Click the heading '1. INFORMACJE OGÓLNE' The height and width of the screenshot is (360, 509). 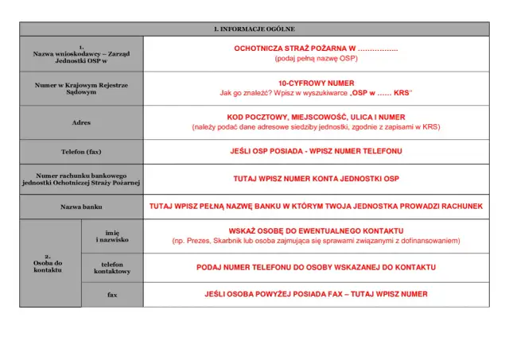pyautogui.click(x=254, y=29)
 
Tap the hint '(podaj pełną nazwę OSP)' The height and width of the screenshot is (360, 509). pyautogui.click(x=316, y=59)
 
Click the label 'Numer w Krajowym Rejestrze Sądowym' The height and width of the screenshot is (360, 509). pyautogui.click(x=82, y=87)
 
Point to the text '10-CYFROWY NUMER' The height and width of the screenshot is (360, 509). pyautogui.click(x=316, y=83)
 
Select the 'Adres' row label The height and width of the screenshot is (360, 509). pyautogui.click(x=82, y=123)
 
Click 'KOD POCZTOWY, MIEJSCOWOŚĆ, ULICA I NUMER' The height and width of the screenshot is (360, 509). pyautogui.click(x=316, y=117)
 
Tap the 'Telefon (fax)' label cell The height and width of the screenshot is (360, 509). pyautogui.click(x=82, y=151)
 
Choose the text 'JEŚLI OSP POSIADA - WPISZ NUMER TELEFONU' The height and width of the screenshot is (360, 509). pyautogui.click(x=316, y=151)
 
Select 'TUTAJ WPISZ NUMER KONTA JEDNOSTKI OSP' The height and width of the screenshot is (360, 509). pyautogui.click(x=316, y=179)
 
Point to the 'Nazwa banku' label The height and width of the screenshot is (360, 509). pyautogui.click(x=82, y=207)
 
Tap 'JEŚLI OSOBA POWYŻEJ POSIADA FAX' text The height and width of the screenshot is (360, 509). pyautogui.click(x=274, y=295)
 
